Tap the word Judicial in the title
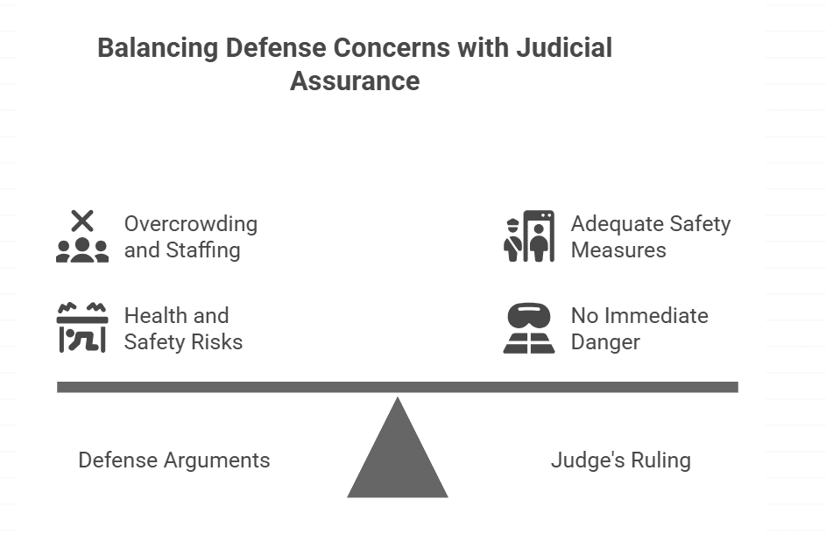(565, 47)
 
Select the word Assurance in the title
(355, 81)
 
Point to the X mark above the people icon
(82, 221)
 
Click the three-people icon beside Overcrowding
(82, 250)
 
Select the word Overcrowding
(191, 224)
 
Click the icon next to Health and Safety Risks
(82, 328)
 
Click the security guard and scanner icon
(529, 236)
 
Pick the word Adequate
(613, 224)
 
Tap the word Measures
(618, 250)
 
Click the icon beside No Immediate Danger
(529, 328)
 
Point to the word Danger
(605, 342)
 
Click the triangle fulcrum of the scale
(398, 455)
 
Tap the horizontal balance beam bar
(398, 387)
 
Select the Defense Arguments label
(174, 460)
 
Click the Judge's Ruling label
(621, 460)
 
